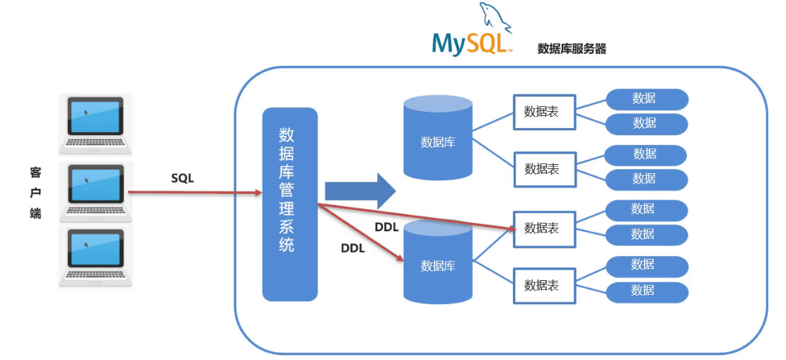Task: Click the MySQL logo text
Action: tap(468, 43)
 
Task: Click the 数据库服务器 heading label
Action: tap(572, 49)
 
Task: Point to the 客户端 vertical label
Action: tap(35, 192)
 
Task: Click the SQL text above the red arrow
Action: tap(183, 178)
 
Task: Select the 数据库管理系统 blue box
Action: tap(289, 204)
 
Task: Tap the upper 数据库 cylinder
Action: tap(437, 137)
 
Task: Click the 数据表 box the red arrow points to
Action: tap(544, 228)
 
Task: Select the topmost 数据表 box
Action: tap(544, 112)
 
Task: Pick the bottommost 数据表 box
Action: tap(544, 286)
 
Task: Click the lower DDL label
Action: tap(352, 248)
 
